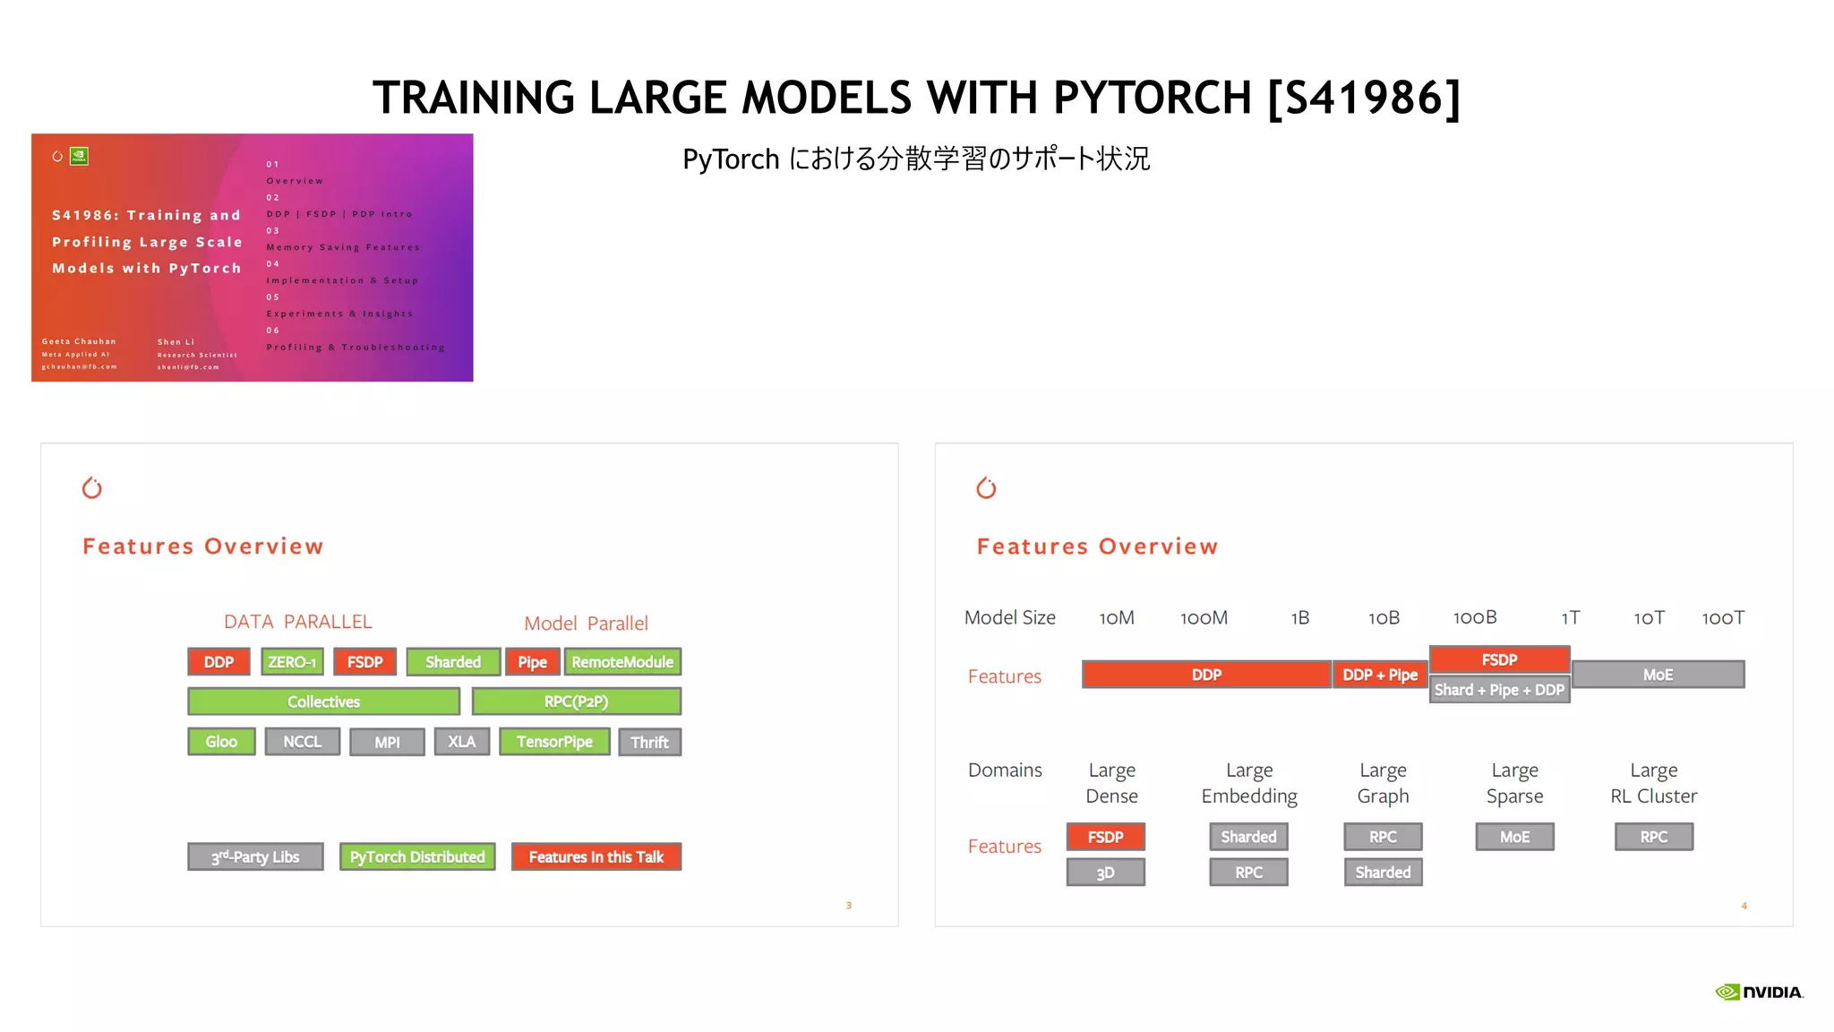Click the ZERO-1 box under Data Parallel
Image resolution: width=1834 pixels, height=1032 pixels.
pyautogui.click(x=292, y=662)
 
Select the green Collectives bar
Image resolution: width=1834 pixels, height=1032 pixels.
pyautogui.click(x=323, y=701)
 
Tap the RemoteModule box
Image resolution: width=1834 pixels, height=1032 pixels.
pyautogui.click(x=622, y=662)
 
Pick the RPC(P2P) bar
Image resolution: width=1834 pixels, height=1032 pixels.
pyautogui.click(x=576, y=701)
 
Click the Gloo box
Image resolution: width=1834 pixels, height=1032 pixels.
pyautogui.click(x=221, y=742)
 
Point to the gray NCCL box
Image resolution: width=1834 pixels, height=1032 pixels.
pyautogui.click(x=302, y=742)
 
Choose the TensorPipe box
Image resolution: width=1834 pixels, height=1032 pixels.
pyautogui.click(x=554, y=742)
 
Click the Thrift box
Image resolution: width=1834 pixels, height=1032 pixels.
pyautogui.click(x=649, y=743)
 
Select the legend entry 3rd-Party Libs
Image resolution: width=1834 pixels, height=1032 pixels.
pyautogui.click(x=255, y=857)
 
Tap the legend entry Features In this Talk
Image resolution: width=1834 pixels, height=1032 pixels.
pyautogui.click(x=596, y=857)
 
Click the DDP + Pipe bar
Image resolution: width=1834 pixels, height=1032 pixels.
pyautogui.click(x=1379, y=675)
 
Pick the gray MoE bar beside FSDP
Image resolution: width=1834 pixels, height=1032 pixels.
pyautogui.click(x=1658, y=675)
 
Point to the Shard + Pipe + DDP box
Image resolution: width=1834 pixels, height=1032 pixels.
pyautogui.click(x=1499, y=690)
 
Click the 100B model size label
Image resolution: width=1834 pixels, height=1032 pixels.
pyautogui.click(x=1475, y=617)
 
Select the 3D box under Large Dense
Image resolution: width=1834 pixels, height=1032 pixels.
pyautogui.click(x=1105, y=873)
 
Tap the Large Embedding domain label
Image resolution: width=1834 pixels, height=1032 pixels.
pyautogui.click(x=1249, y=783)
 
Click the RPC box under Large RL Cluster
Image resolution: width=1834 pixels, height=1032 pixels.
pyautogui.click(x=1653, y=837)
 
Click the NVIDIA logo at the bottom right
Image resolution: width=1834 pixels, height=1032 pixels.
pyautogui.click(x=1759, y=992)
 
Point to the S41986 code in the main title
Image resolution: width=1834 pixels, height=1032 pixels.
pyautogui.click(x=1365, y=98)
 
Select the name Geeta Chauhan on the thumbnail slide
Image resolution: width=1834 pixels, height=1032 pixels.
pyautogui.click(x=79, y=341)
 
